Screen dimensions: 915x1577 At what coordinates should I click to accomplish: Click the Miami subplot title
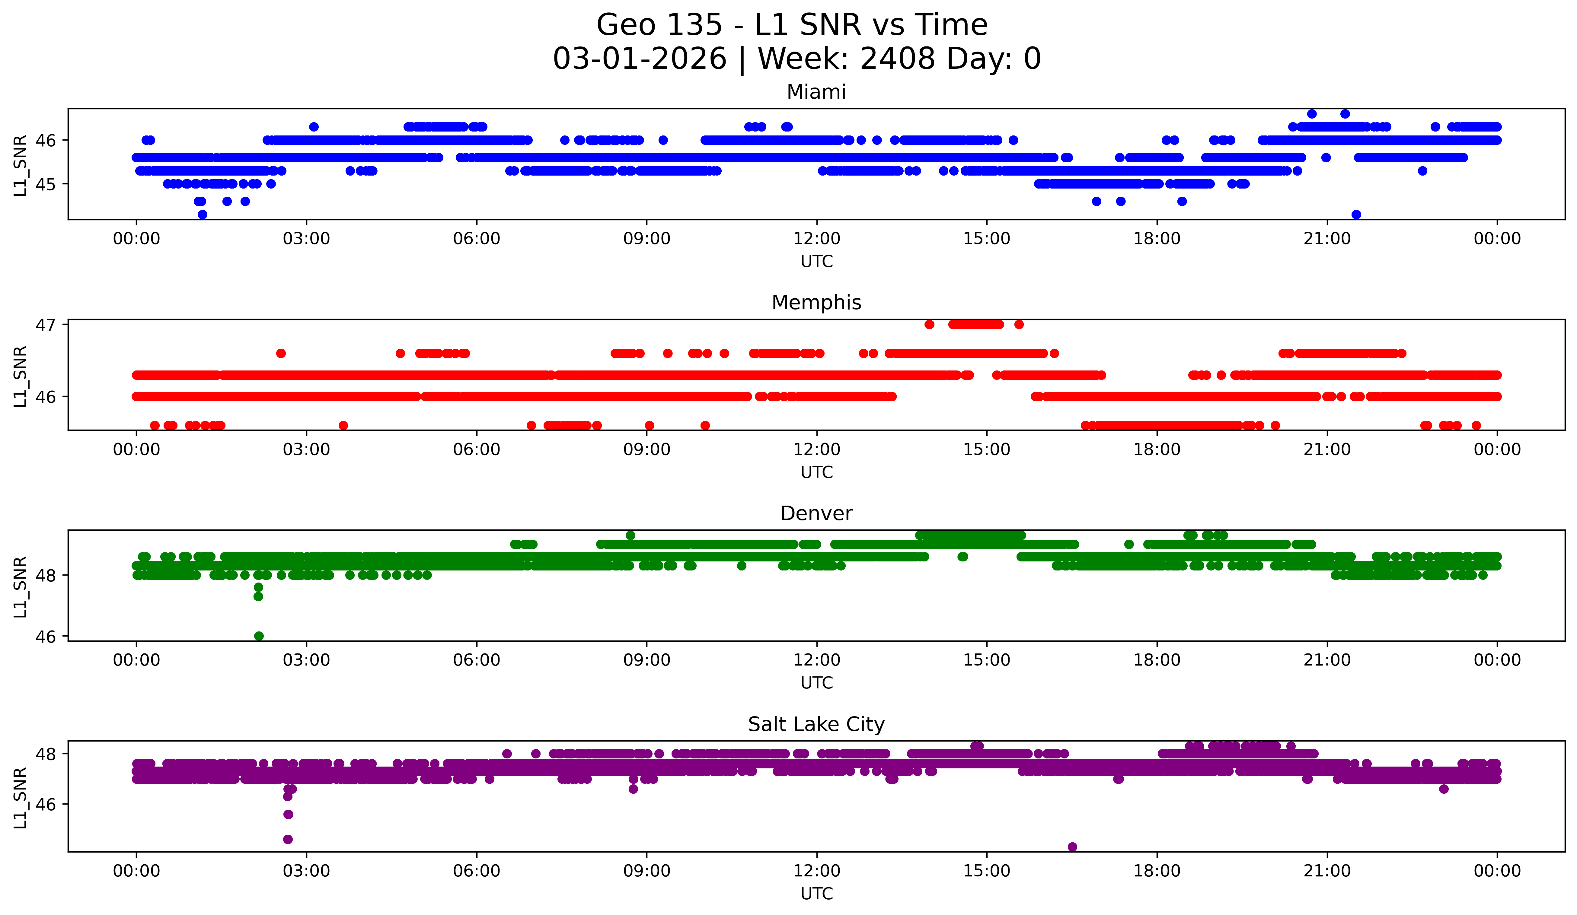tap(816, 92)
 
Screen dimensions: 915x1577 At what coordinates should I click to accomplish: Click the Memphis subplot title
tap(816, 303)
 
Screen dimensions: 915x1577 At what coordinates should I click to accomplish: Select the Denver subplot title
tap(816, 513)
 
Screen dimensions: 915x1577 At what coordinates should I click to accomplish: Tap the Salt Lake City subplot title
tap(816, 724)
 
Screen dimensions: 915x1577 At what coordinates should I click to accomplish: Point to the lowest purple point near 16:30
tap(1072, 847)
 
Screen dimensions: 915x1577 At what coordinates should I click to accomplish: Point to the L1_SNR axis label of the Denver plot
tap(20, 587)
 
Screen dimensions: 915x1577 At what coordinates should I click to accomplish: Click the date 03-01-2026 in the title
tap(640, 59)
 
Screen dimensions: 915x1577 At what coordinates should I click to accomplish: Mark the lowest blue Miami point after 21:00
tap(1356, 214)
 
